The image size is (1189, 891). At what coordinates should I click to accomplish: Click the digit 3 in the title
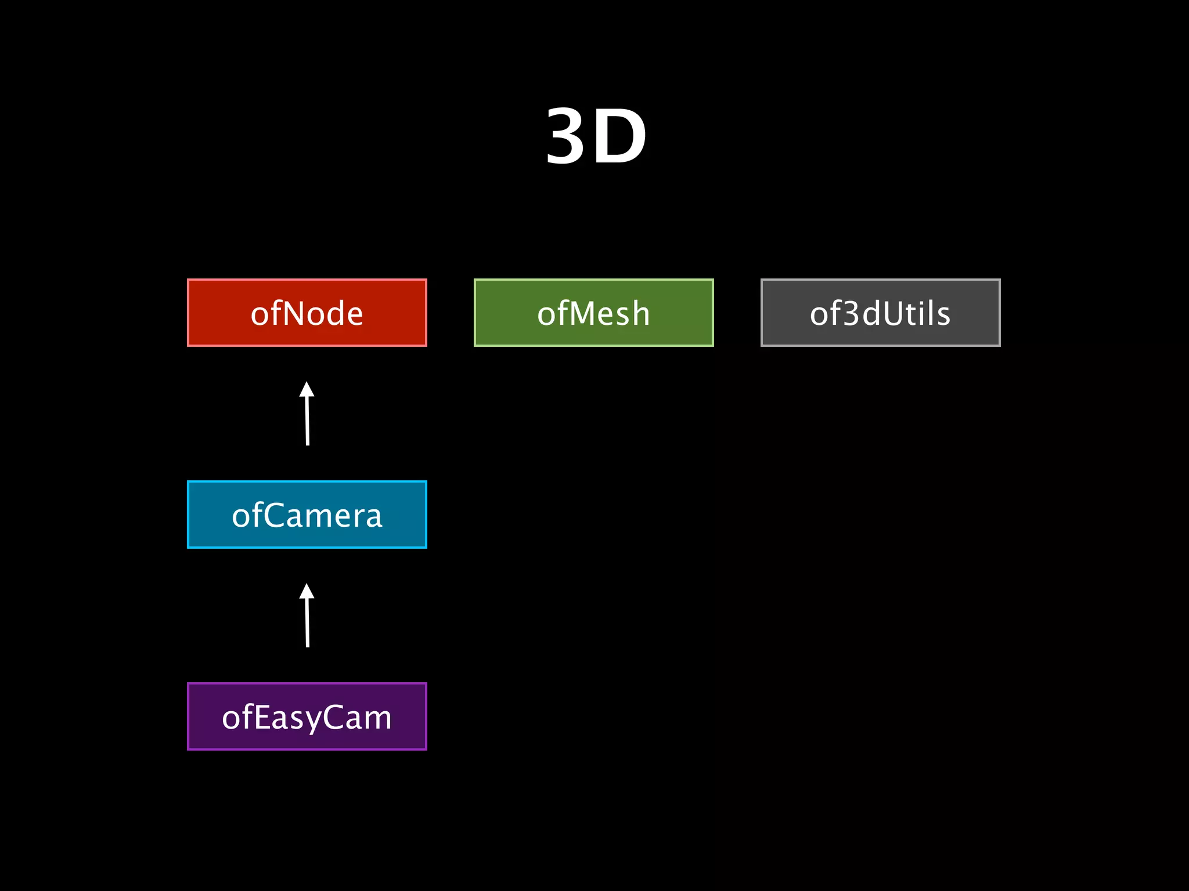point(567,137)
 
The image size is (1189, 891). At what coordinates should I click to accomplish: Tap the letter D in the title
point(619,137)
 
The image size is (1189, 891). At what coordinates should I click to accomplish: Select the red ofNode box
point(307,313)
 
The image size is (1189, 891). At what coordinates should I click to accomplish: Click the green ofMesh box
point(593,313)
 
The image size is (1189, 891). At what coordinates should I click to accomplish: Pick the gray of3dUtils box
point(880,313)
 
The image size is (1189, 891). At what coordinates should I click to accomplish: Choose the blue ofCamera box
point(307,515)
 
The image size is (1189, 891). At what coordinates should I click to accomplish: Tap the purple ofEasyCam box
point(307,716)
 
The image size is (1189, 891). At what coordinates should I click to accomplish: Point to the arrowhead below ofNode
point(307,390)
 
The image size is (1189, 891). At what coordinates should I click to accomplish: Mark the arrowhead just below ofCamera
point(307,592)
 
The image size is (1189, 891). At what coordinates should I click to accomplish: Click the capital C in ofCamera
point(279,516)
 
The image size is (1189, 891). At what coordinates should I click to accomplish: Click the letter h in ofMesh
point(640,314)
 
